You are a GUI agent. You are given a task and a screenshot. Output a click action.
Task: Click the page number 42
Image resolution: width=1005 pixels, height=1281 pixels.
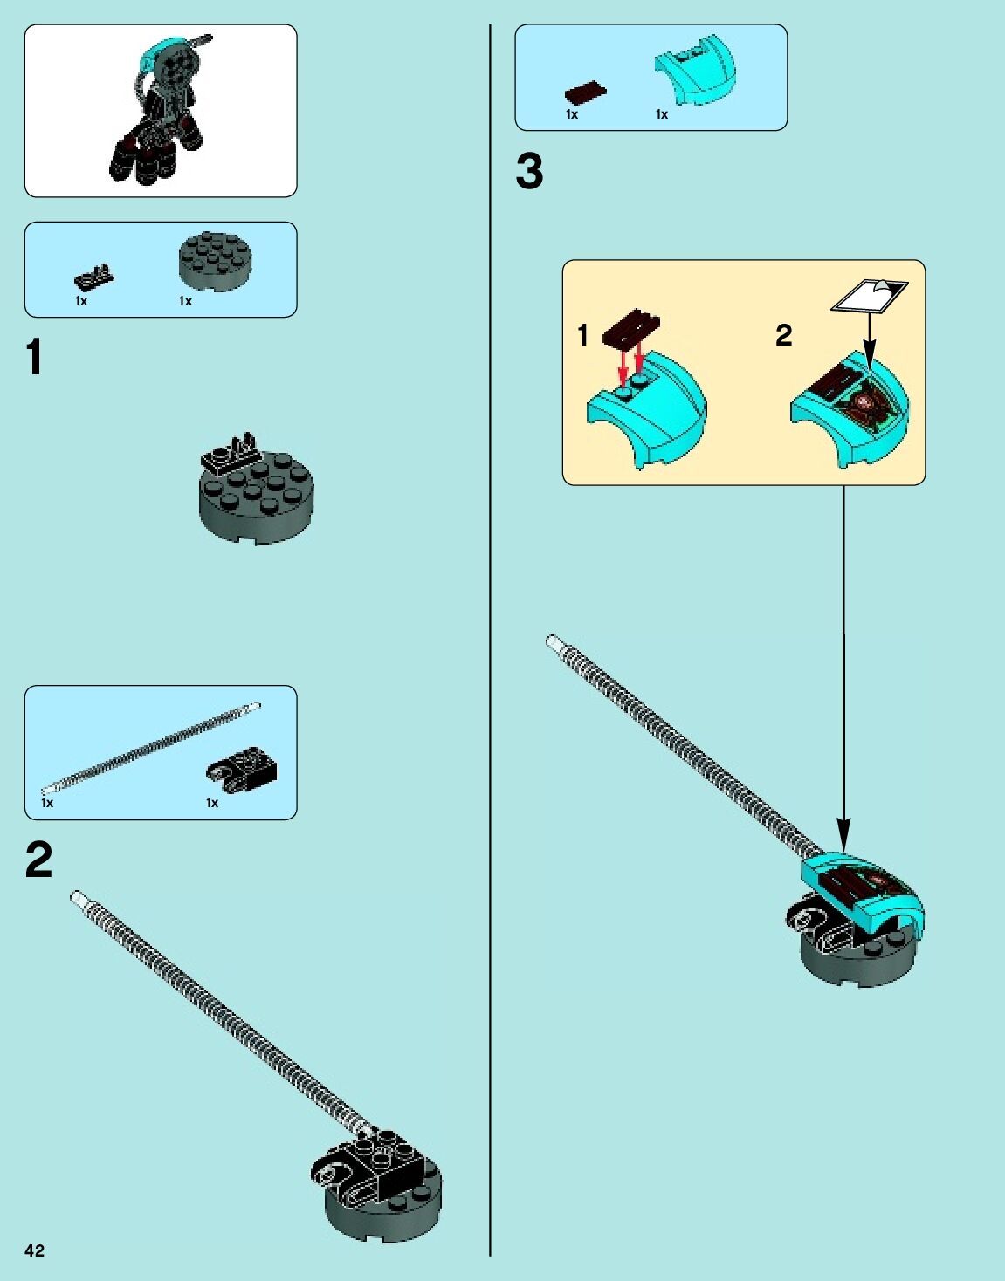click(x=34, y=1250)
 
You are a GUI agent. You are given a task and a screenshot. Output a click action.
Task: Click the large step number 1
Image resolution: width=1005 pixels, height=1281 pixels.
click(x=34, y=358)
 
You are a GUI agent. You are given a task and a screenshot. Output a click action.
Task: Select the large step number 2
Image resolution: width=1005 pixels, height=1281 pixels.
click(x=39, y=860)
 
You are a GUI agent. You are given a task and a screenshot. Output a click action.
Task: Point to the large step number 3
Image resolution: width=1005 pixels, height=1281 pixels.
click(x=529, y=171)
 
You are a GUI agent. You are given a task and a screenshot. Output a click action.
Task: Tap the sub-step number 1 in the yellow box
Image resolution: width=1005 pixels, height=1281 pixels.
click(x=583, y=335)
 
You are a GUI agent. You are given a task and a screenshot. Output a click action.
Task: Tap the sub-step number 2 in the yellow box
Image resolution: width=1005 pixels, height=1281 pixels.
click(x=783, y=335)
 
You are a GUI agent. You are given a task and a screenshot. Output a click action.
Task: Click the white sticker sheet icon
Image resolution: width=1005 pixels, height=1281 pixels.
click(x=869, y=295)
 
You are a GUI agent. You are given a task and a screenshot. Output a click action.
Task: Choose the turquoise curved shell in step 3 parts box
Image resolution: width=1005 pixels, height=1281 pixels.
click(x=695, y=68)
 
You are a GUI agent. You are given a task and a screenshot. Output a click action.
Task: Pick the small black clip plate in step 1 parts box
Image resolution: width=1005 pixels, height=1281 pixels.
click(x=93, y=277)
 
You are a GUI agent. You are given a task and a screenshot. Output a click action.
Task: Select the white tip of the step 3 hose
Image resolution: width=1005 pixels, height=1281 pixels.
click(x=554, y=642)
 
